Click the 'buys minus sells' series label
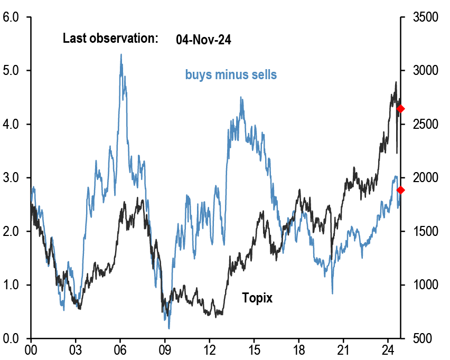tap(231, 74)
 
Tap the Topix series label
tap(257, 298)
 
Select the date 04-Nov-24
tap(203, 39)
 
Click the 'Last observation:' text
tap(110, 38)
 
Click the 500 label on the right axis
tap(415, 338)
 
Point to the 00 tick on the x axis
tap(31, 349)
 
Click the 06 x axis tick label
tap(120, 349)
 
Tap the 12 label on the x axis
tap(210, 349)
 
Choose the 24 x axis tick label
tap(388, 349)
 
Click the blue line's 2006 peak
tap(121, 54)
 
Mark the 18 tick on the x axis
tap(299, 349)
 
